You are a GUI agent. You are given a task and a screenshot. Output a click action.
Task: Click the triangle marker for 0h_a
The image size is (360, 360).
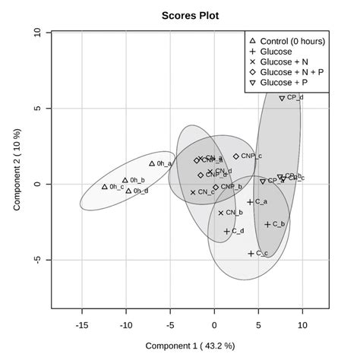pyautogui.click(x=152, y=163)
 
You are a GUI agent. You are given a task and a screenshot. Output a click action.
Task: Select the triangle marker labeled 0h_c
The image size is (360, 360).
pyautogui.click(x=105, y=187)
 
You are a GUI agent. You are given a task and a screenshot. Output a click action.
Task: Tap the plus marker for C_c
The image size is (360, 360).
pyautogui.click(x=251, y=254)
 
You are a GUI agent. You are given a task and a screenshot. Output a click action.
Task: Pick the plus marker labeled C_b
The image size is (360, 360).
pyautogui.click(x=267, y=225)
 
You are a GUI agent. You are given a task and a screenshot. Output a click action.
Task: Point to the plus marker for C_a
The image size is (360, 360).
pyautogui.click(x=250, y=202)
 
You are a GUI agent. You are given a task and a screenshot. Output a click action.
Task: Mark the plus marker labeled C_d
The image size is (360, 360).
pyautogui.click(x=226, y=232)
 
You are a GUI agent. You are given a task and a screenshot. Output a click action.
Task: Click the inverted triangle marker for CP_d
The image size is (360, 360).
pyautogui.click(x=282, y=98)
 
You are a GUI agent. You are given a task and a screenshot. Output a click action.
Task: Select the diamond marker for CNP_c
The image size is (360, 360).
pyautogui.click(x=235, y=156)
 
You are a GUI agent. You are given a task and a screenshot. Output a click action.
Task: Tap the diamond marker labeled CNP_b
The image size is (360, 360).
pyautogui.click(x=216, y=187)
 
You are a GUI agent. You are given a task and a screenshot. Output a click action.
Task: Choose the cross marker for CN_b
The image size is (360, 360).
pyautogui.click(x=221, y=213)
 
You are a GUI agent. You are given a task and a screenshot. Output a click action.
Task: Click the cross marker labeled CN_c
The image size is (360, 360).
pyautogui.click(x=193, y=193)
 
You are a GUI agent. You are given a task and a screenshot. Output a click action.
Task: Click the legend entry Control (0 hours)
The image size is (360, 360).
pyautogui.click(x=289, y=40)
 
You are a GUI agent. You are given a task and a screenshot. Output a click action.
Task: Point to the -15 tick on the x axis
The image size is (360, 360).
pyautogui.click(x=81, y=324)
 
